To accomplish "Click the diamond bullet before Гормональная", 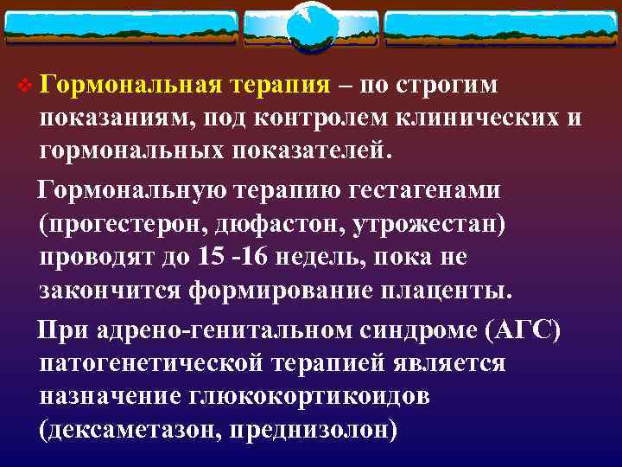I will (x=23, y=86).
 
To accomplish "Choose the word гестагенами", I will (x=416, y=189).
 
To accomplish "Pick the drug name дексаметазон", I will (x=130, y=429).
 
